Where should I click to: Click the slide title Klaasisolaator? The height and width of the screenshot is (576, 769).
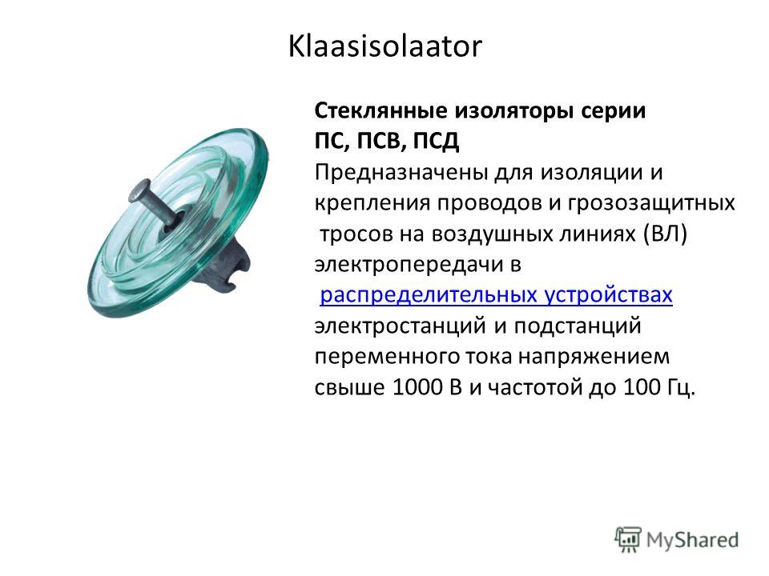[385, 46]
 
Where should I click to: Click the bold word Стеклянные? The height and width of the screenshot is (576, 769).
[380, 111]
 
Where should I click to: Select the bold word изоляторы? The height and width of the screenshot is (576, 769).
[514, 112]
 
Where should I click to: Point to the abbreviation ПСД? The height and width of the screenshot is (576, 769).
[436, 142]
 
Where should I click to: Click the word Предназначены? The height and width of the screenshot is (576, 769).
[401, 174]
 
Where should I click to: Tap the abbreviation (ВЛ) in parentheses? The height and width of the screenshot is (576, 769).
[665, 234]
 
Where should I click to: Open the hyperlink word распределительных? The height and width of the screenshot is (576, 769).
[425, 296]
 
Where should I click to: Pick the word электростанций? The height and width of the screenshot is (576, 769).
[401, 326]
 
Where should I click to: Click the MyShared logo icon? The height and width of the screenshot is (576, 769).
[628, 540]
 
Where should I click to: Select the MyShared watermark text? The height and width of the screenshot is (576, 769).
[692, 541]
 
